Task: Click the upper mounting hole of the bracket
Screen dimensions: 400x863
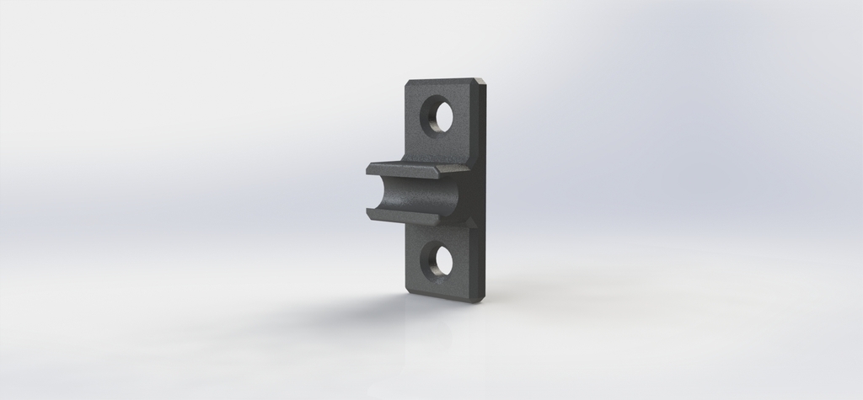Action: pyautogui.click(x=437, y=115)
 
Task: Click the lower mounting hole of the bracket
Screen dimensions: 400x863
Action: pyautogui.click(x=437, y=262)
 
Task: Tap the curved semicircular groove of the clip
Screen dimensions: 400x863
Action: pyautogui.click(x=426, y=195)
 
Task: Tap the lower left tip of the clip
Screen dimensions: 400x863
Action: pyautogui.click(x=370, y=216)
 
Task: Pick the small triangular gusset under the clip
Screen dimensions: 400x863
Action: pyautogui.click(x=465, y=222)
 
